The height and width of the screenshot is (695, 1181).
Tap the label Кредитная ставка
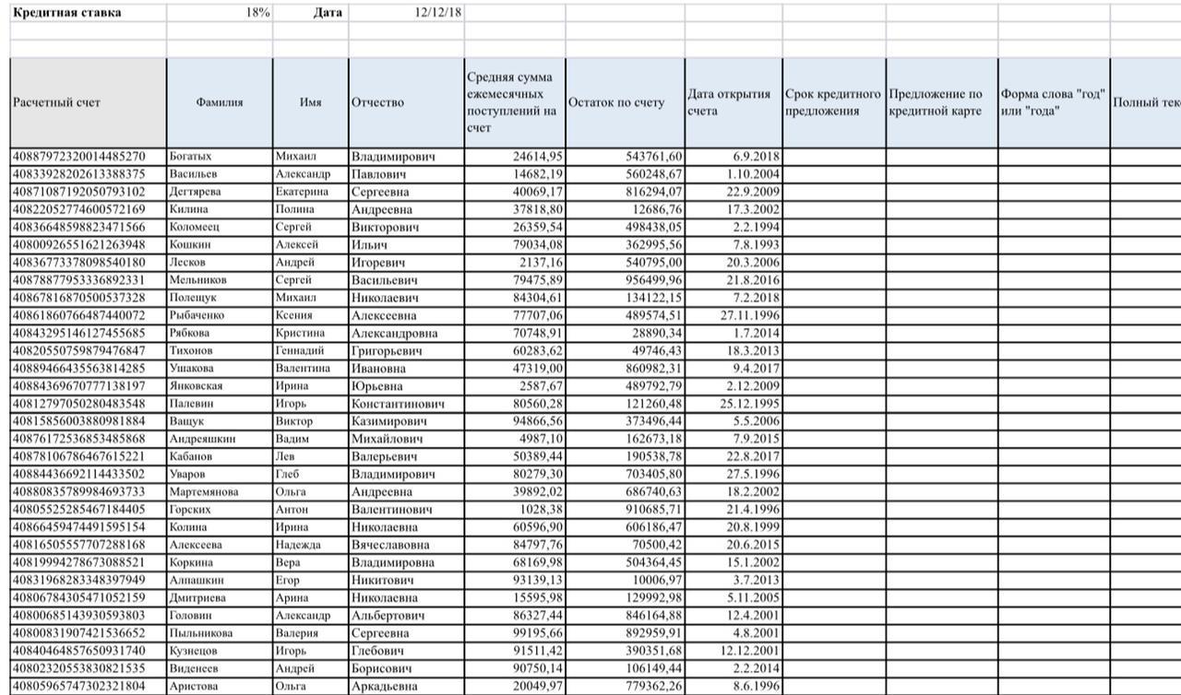66,13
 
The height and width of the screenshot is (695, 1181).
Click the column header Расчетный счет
56,102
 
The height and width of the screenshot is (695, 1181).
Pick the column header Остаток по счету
615,102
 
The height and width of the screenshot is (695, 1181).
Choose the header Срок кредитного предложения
832,102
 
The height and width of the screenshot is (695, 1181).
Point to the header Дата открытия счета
729,102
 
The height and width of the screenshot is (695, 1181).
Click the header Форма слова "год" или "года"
1052,102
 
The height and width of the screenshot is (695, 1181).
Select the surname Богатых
190,157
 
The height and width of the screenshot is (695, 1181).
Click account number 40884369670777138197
78,385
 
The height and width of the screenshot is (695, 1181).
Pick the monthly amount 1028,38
541,509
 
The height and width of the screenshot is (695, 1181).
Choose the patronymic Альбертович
388,616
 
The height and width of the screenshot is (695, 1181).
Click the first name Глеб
288,474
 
